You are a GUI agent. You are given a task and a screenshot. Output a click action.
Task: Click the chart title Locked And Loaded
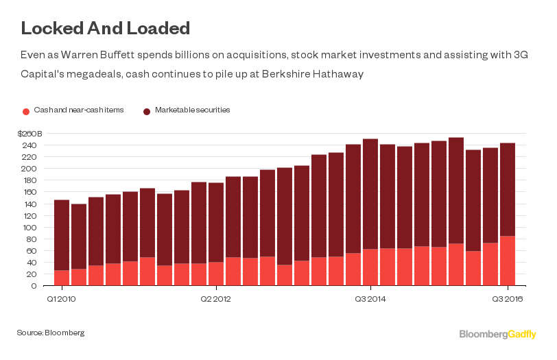pyautogui.click(x=105, y=29)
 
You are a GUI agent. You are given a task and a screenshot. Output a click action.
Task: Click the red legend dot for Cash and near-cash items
pyautogui.click(x=26, y=111)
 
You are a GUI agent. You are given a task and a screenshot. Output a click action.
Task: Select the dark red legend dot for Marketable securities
pyautogui.click(x=147, y=111)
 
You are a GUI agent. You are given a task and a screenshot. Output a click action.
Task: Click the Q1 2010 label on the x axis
pyautogui.click(x=61, y=298)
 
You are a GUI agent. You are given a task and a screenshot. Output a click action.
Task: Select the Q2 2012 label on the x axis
pyautogui.click(x=216, y=298)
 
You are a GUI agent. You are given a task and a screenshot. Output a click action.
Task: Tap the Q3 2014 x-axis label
pyautogui.click(x=370, y=298)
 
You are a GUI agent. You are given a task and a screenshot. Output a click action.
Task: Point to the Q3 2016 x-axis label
pyautogui.click(x=508, y=298)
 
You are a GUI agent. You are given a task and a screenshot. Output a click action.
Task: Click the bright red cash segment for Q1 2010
pyautogui.click(x=62, y=278)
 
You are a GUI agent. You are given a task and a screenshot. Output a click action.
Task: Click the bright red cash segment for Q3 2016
pyautogui.click(x=508, y=261)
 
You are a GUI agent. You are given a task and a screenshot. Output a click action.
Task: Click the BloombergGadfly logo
pyautogui.click(x=499, y=334)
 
